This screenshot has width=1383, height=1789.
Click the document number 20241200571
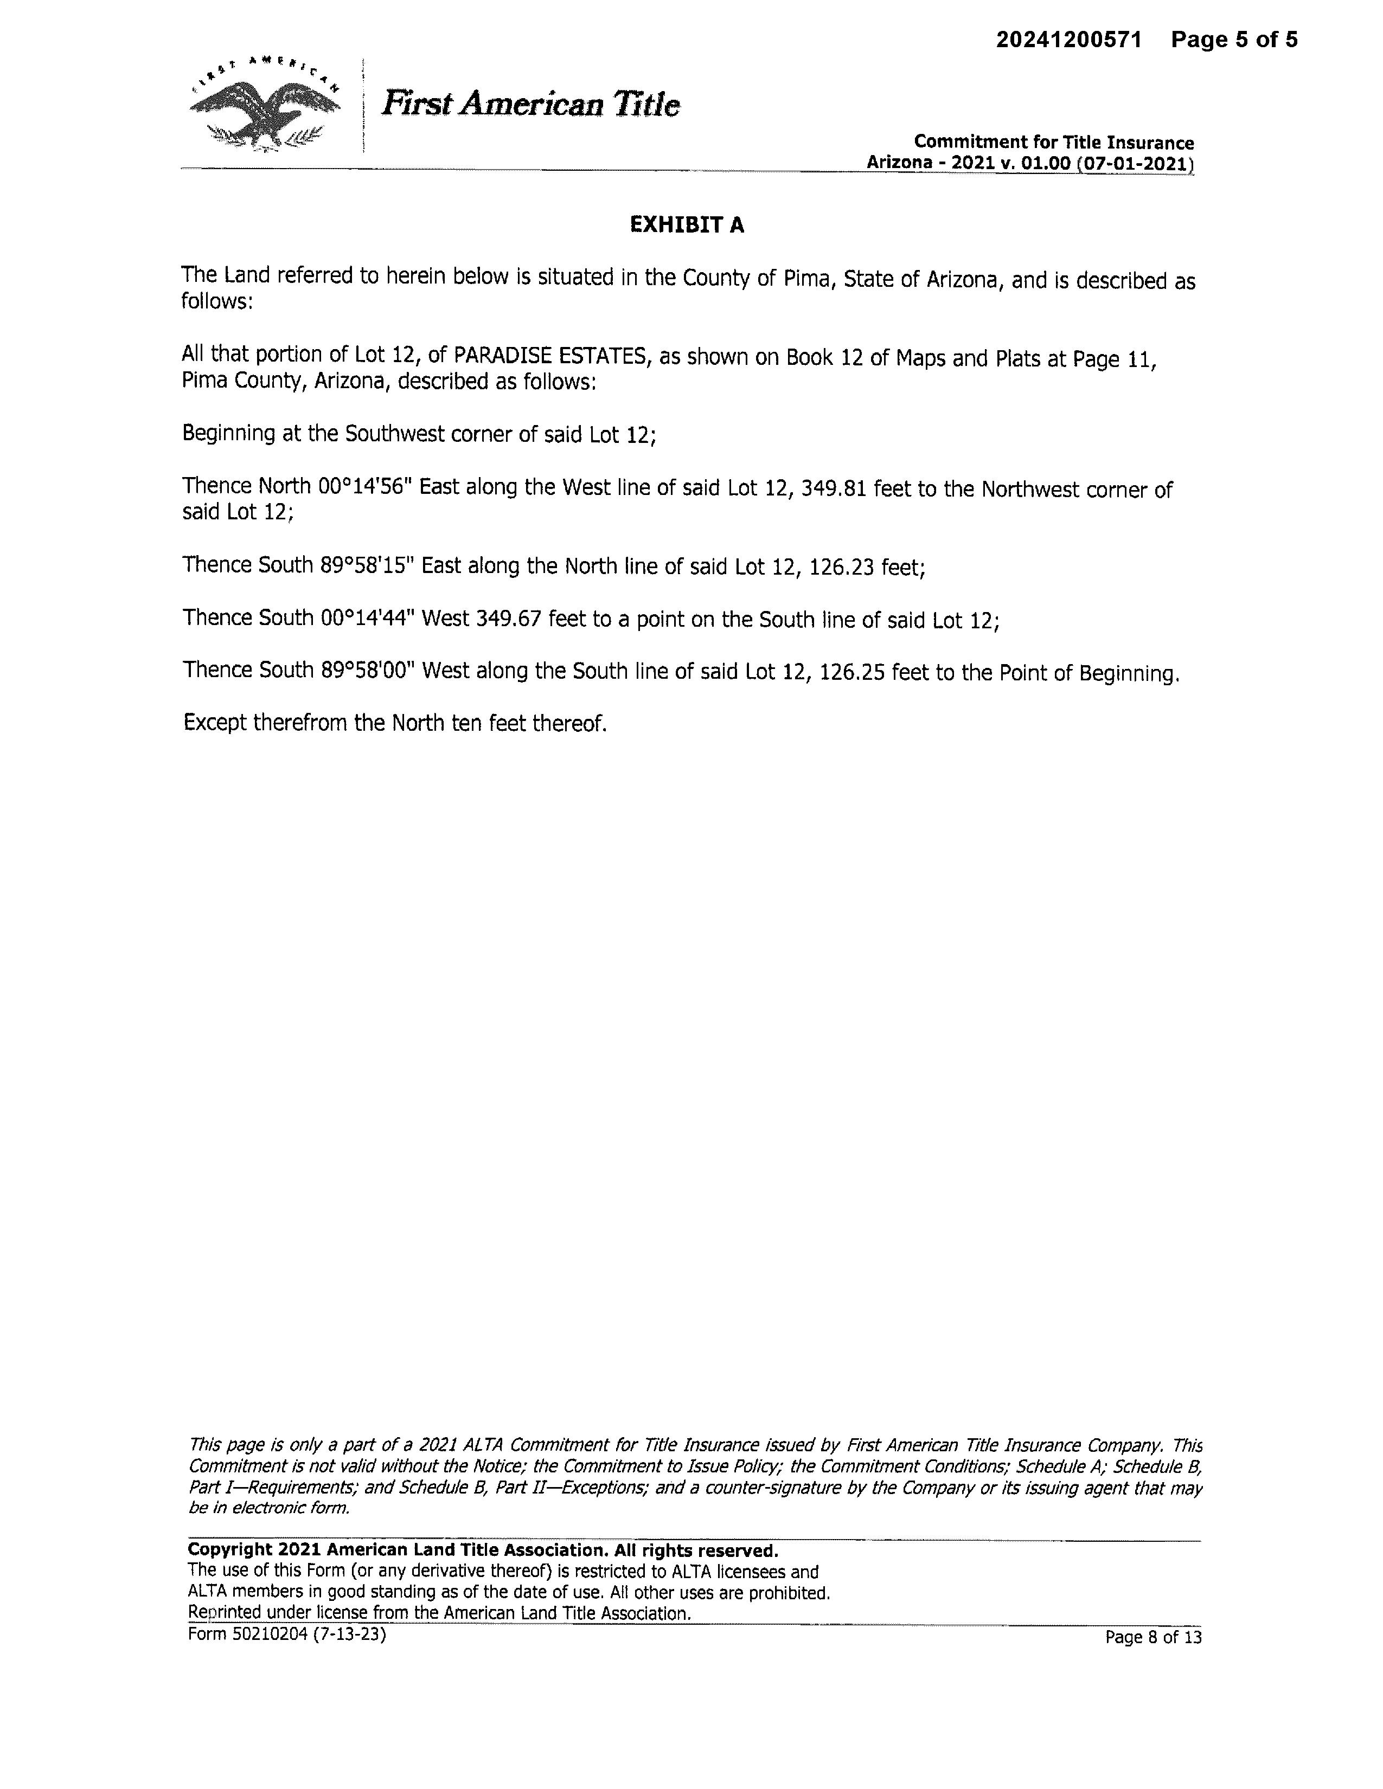click(x=1068, y=40)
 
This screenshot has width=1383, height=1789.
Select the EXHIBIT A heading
click(x=687, y=226)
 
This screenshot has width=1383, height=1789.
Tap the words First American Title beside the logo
click(x=531, y=105)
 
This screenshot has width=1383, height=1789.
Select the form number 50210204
click(x=267, y=1634)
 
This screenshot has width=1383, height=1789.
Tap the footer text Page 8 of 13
click(x=1153, y=1637)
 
